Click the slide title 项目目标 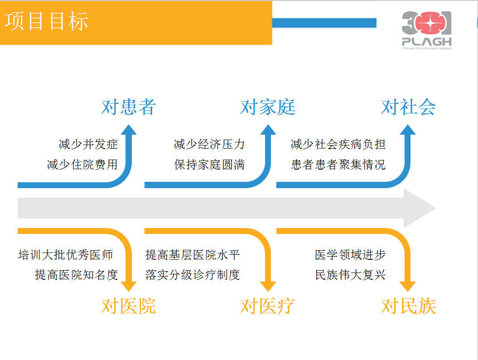(46, 21)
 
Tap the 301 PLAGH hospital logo (426, 30)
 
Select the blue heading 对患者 (128, 107)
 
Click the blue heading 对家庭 (268, 107)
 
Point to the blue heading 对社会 (409, 107)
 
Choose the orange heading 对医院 (128, 306)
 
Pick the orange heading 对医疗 (268, 306)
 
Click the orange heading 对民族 (409, 306)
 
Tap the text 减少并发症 (88, 144)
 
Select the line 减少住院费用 (82, 165)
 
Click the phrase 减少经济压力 (209, 144)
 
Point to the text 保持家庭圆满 (209, 165)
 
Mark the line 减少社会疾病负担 (338, 144)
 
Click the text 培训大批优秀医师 (66, 255)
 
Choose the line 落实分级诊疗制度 (193, 275)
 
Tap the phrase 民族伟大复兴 (350, 275)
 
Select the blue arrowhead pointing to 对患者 (129, 129)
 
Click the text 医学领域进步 (350, 255)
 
